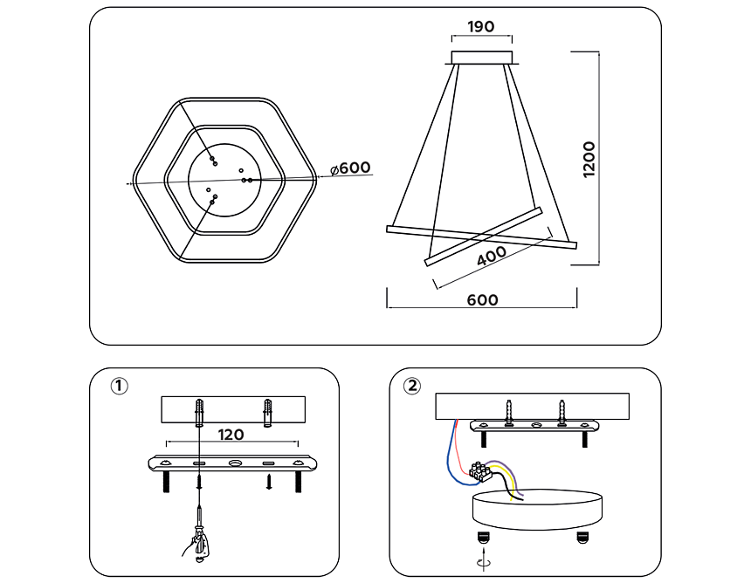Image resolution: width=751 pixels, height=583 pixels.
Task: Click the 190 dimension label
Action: tap(480, 26)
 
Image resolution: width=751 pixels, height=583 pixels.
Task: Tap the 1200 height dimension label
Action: tap(589, 159)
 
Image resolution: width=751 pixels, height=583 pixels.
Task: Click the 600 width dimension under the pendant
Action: tap(482, 299)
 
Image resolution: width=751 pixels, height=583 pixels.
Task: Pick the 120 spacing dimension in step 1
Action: tap(231, 434)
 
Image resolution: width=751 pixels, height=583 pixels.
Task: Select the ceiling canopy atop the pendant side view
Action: tap(482, 58)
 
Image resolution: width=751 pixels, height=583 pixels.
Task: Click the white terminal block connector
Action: tap(479, 471)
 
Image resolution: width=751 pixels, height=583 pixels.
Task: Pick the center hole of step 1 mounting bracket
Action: tap(234, 463)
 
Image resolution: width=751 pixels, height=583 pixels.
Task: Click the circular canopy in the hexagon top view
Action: tap(225, 179)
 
